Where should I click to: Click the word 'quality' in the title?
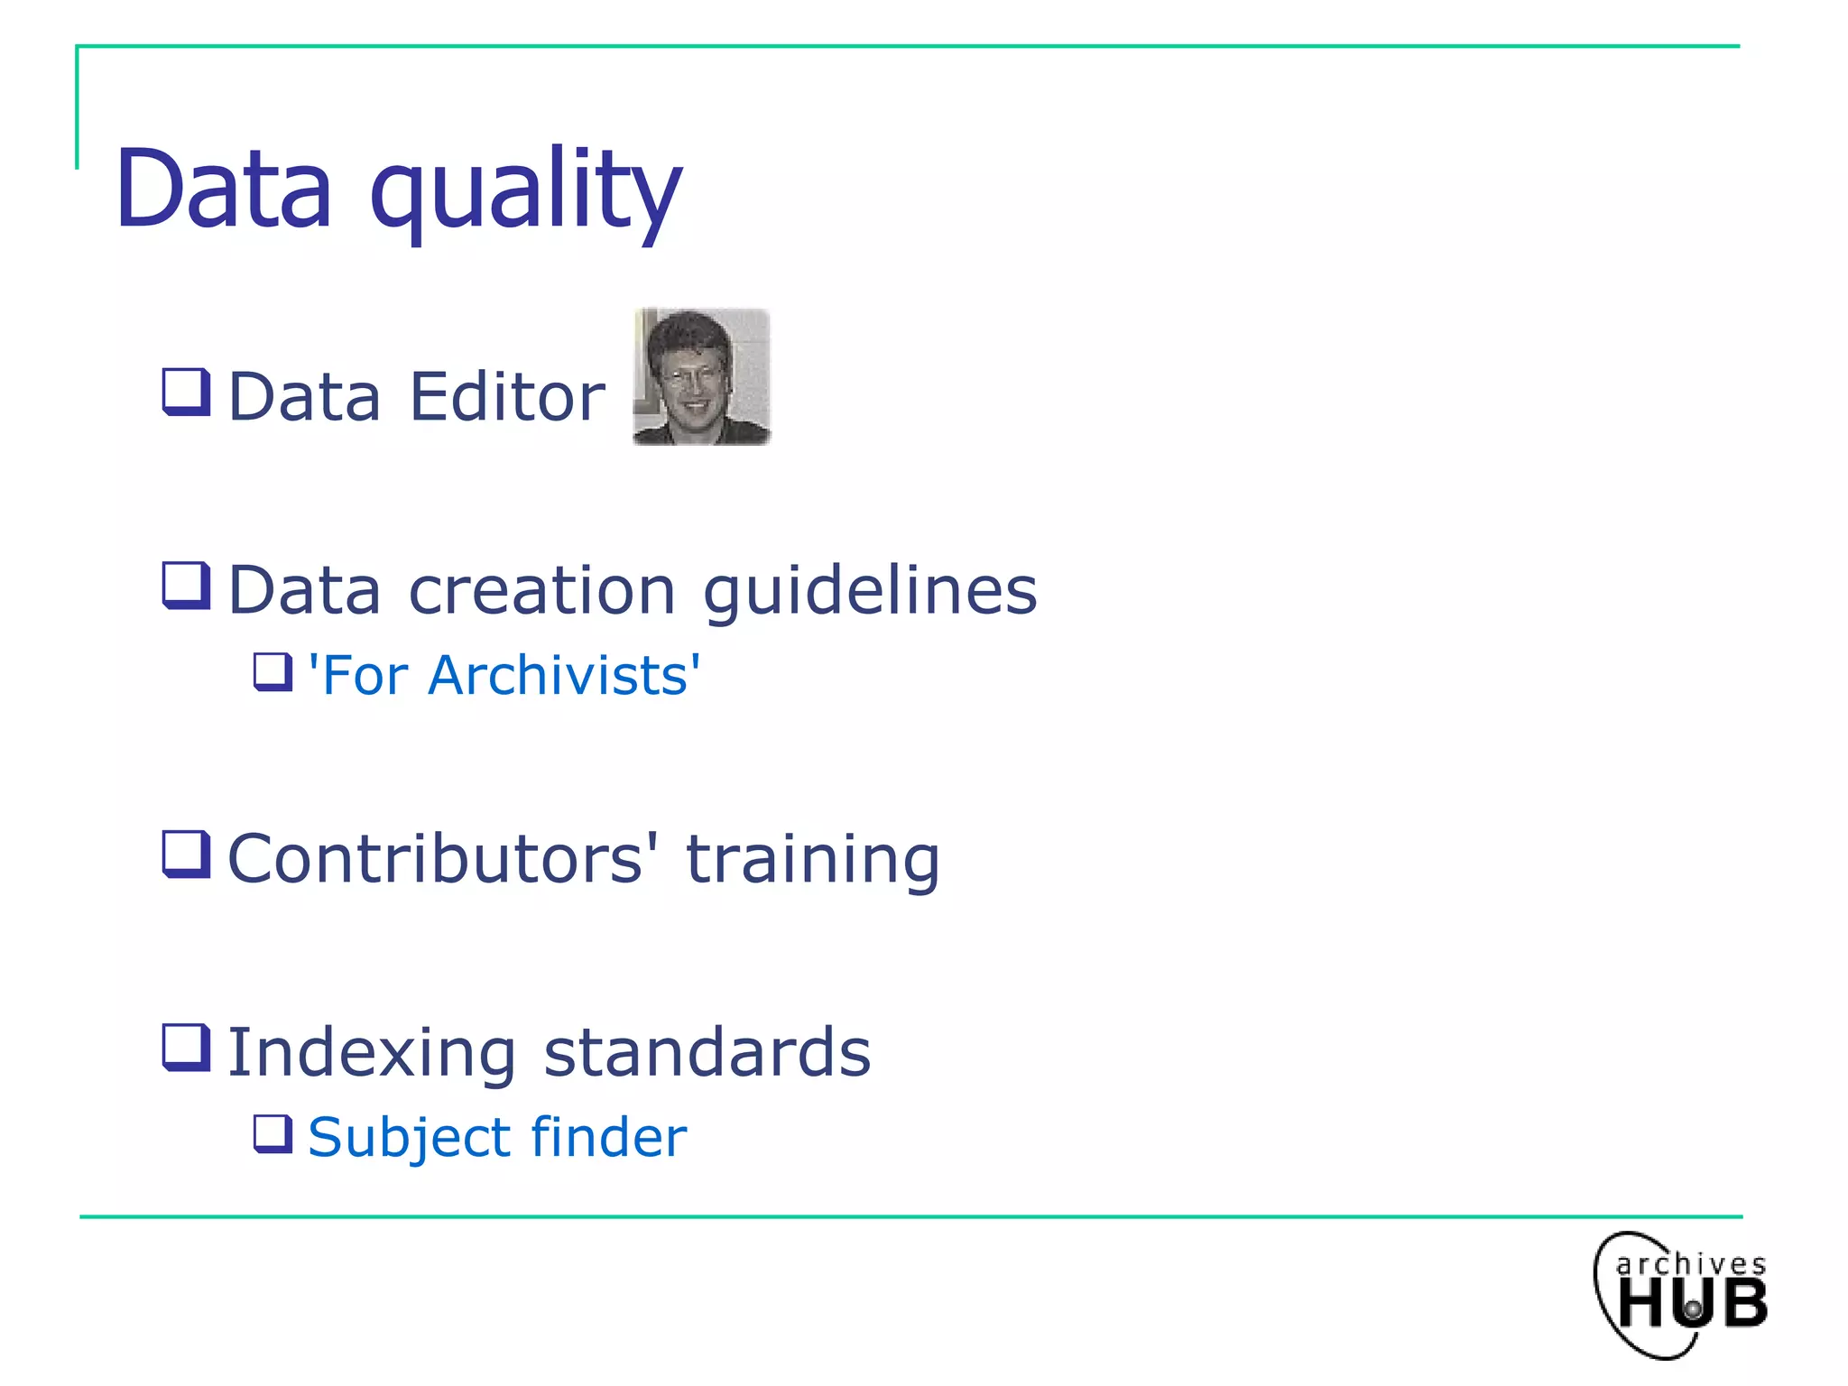pos(525,191)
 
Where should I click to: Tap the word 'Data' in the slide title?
pos(224,189)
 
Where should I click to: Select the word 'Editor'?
pos(507,397)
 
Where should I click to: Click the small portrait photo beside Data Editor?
pos(702,376)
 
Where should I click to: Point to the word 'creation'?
pos(541,591)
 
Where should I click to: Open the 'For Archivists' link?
pos(504,675)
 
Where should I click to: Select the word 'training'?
pos(812,860)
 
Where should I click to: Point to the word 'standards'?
pos(707,1052)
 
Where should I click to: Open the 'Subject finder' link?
pos(497,1137)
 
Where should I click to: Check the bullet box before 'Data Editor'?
pos(186,393)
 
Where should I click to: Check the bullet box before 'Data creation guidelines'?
pos(186,586)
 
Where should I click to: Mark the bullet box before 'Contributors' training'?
pos(186,854)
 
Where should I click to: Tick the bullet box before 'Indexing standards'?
pos(186,1048)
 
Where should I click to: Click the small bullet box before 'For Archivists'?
pos(273,672)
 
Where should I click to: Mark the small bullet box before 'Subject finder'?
pos(273,1134)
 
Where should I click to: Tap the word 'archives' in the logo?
pos(1690,1264)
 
